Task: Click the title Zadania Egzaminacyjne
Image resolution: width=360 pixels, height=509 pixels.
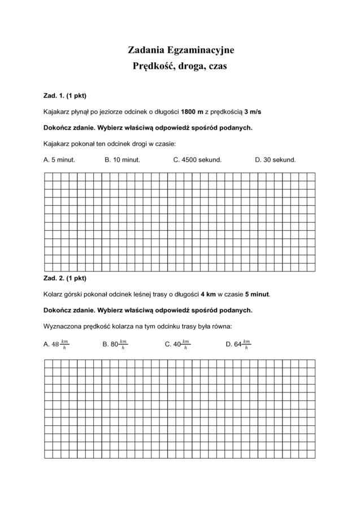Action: coord(181,51)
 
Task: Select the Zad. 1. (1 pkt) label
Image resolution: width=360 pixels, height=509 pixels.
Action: coord(65,95)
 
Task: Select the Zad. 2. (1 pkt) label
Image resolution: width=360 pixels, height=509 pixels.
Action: coord(65,278)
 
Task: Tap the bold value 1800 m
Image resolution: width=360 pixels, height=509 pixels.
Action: coord(192,111)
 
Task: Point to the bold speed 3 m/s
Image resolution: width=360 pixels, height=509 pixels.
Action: coord(253,111)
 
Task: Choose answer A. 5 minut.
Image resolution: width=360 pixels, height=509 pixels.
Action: coord(59,160)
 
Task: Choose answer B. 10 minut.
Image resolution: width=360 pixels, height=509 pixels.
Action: coord(122,160)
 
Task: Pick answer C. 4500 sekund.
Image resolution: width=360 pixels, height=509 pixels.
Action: coord(197,160)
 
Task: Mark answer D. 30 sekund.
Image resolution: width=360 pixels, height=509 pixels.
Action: coord(275,160)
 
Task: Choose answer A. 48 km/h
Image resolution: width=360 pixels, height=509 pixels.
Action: coord(56,344)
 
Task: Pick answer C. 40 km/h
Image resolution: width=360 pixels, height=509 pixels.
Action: coord(177,344)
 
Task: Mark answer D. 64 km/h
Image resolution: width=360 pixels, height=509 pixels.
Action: coord(238,344)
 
